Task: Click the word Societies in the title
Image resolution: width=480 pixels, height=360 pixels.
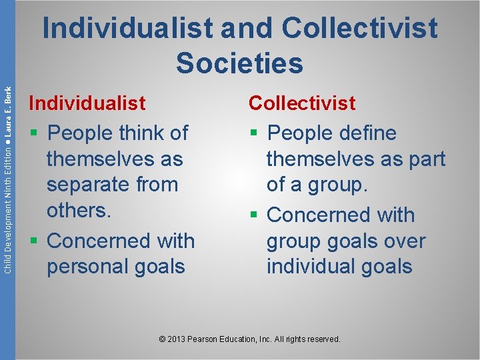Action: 239,63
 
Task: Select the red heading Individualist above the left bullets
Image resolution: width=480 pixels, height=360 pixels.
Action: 87,103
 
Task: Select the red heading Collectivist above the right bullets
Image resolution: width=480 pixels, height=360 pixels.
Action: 302,103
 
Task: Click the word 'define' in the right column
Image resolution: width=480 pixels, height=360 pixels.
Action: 367,133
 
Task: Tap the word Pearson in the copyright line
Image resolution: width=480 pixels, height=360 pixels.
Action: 204,339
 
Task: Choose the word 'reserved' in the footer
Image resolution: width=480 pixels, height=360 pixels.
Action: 323,339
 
